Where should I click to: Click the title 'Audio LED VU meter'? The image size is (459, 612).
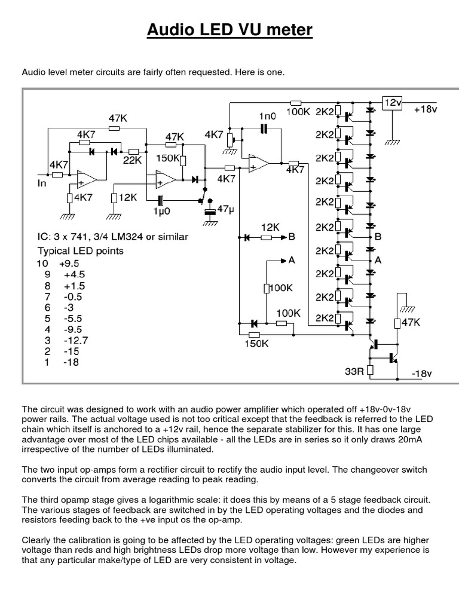[229, 30]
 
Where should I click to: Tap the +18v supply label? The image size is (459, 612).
[426, 111]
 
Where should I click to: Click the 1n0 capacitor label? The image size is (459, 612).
[267, 115]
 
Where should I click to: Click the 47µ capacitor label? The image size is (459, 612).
[226, 210]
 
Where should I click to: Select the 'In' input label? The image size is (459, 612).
[42, 183]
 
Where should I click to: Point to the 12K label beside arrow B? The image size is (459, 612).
[270, 228]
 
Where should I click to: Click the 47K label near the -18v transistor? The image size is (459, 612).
[411, 323]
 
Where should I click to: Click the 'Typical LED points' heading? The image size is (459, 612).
[81, 250]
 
